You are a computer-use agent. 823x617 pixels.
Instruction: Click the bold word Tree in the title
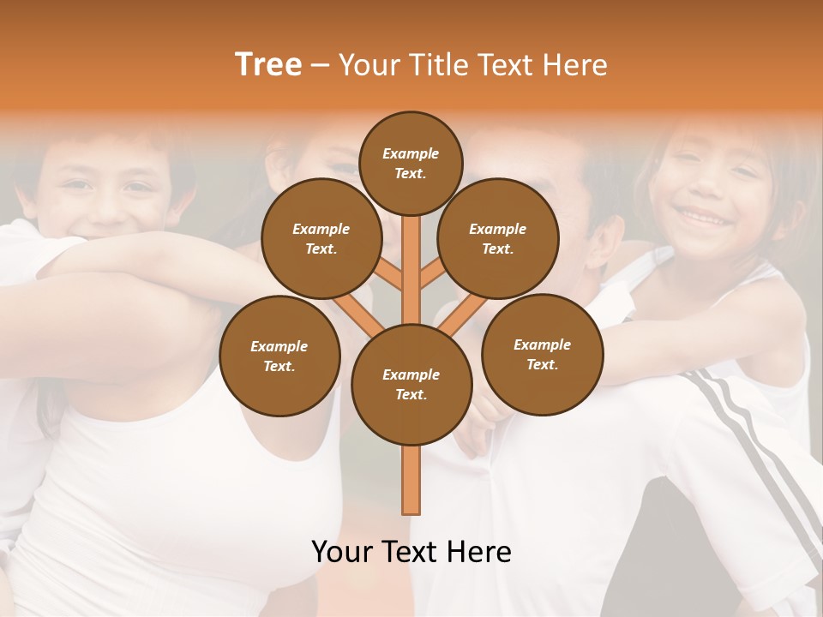coord(268,64)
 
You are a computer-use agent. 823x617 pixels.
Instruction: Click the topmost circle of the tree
coord(411,163)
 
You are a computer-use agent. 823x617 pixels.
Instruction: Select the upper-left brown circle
coord(321,238)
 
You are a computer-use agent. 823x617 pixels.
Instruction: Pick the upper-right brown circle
coord(498,238)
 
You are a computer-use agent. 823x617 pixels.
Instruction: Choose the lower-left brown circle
coord(279,356)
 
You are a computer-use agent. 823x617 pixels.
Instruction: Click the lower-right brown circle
coord(542,354)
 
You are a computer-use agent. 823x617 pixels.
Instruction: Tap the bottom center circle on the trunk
coord(411,384)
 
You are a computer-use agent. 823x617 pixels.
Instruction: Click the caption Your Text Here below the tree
coord(411,552)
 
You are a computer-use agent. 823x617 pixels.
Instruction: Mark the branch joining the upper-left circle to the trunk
coord(390,276)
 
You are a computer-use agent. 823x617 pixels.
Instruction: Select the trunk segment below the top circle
coord(411,257)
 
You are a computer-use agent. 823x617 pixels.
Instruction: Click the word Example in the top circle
coord(411,153)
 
